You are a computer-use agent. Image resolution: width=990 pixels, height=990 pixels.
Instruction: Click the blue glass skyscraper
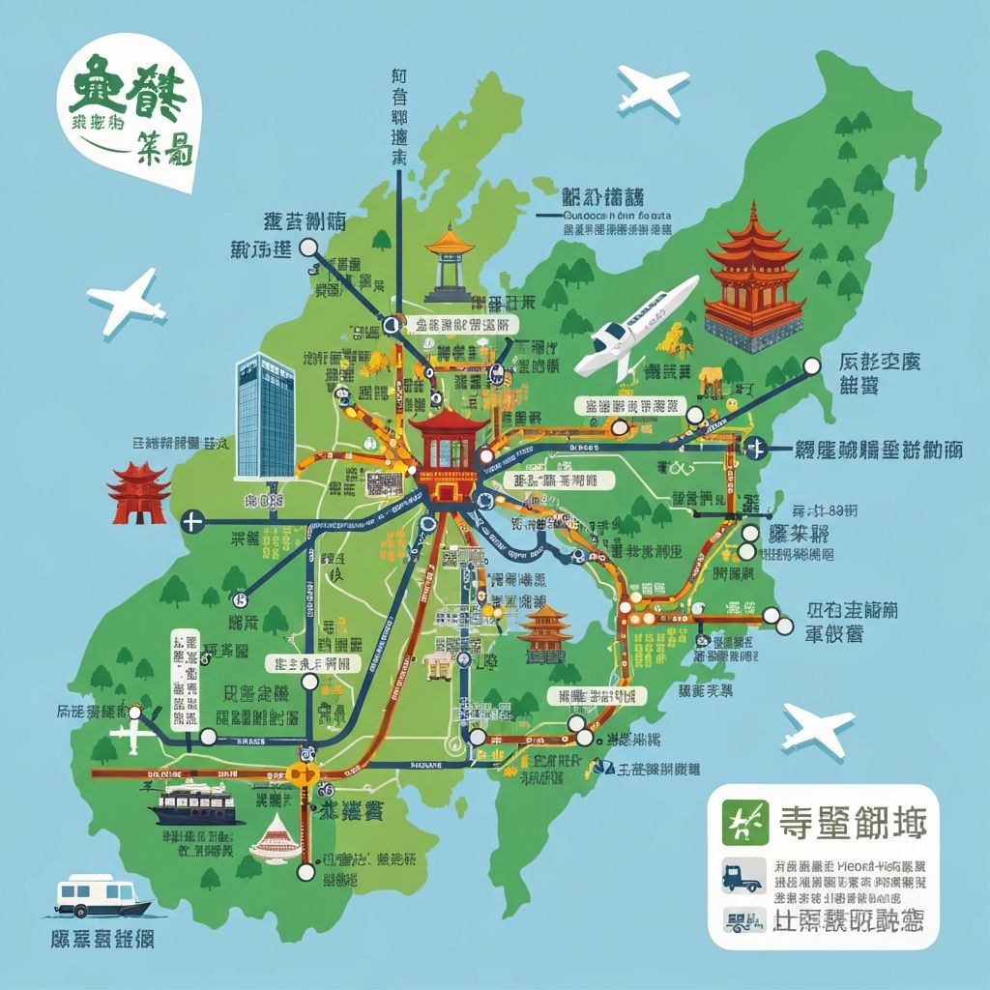pos(265,417)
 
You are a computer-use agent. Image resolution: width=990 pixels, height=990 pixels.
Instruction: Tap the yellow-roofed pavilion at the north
pos(450,261)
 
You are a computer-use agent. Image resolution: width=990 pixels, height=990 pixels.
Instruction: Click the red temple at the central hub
pos(446,455)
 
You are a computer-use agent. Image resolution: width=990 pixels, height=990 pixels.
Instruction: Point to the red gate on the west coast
pos(139,492)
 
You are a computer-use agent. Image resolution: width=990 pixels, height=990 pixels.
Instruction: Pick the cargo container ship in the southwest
pos(194,801)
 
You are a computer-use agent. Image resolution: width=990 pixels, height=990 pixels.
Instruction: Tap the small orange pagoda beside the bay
pos(545,632)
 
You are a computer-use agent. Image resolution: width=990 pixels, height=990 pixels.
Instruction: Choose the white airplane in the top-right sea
pos(654,90)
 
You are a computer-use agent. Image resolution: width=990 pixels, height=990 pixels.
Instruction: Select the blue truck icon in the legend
pos(742,878)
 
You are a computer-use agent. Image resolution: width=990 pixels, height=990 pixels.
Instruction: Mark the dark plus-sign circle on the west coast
pos(192,523)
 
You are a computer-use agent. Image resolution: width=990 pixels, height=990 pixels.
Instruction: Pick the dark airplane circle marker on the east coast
pos(756,447)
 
